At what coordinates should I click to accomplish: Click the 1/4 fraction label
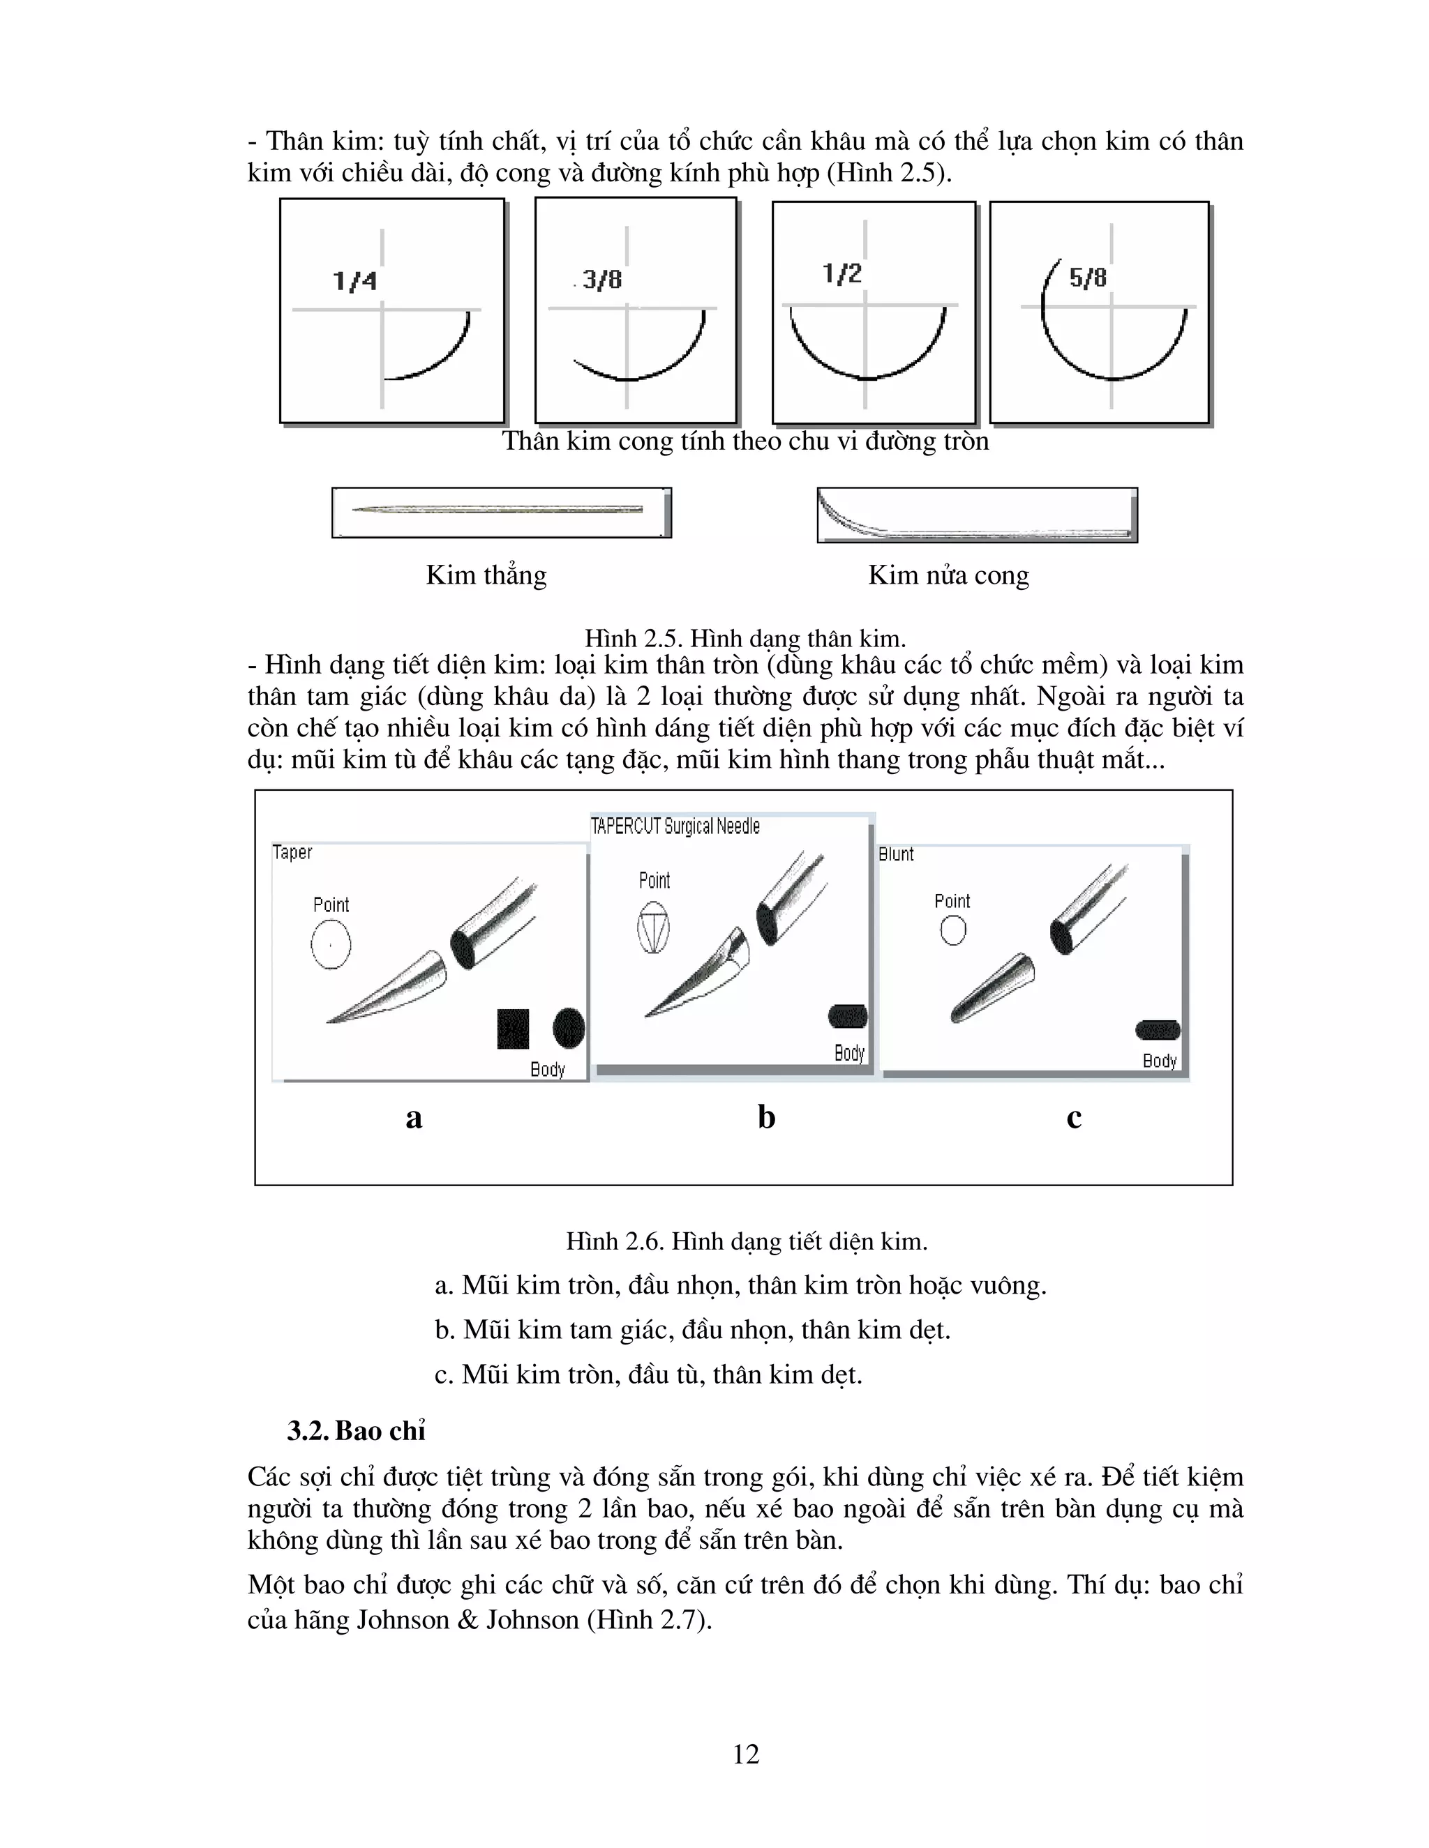coord(354,280)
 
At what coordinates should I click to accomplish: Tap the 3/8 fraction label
coord(602,278)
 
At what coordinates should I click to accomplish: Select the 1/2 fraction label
coord(841,273)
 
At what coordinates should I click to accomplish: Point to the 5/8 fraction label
coord(1088,277)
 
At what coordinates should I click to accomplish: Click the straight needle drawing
coord(497,509)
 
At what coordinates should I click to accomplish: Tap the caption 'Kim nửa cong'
coord(948,575)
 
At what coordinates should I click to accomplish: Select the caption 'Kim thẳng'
coord(486,575)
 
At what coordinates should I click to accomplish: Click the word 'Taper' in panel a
coord(292,853)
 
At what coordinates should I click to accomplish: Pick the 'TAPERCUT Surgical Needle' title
coord(675,826)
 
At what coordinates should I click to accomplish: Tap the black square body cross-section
coord(513,1028)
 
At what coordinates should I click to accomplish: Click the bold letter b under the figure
coord(766,1117)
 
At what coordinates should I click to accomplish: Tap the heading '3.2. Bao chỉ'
coord(356,1431)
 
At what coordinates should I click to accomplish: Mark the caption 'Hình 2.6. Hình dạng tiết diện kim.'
coord(747,1242)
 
